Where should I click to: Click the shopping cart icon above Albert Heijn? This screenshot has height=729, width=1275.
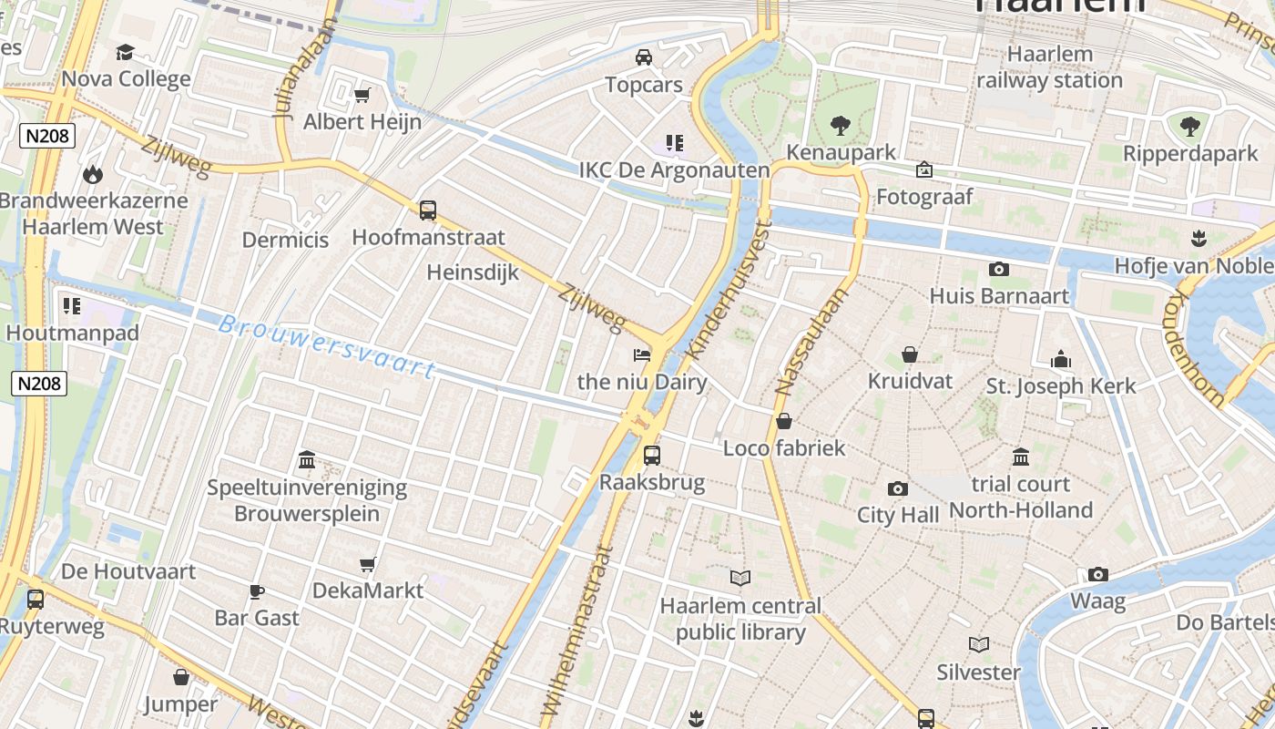click(362, 95)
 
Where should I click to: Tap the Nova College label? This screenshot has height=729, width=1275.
click(126, 78)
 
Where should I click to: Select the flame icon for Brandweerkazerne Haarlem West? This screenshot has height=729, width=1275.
click(92, 173)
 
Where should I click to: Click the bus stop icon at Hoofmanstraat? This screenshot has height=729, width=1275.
click(428, 210)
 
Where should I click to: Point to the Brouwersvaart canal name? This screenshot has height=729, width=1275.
click(327, 345)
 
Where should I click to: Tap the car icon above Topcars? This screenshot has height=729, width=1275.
click(644, 57)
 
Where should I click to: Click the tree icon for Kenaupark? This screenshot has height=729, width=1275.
click(840, 125)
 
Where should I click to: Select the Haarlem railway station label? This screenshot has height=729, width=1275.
click(1049, 67)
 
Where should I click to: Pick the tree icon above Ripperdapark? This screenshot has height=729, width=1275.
click(1189, 126)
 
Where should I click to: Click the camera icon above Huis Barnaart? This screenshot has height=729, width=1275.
click(999, 269)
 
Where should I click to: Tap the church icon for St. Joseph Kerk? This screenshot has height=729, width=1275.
click(1061, 359)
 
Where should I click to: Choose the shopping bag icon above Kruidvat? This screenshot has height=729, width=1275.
click(909, 354)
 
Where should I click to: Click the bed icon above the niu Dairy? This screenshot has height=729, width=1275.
click(642, 354)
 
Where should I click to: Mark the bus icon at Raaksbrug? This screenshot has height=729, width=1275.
click(652, 455)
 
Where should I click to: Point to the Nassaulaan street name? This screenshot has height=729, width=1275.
click(811, 342)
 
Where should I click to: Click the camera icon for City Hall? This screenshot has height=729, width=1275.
click(897, 488)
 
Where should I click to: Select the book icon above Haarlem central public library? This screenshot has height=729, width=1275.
click(740, 578)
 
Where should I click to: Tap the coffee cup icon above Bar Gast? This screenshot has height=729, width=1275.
click(257, 590)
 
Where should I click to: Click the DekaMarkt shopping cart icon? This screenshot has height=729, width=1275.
click(368, 564)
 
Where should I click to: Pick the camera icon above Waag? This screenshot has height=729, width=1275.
click(1098, 574)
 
